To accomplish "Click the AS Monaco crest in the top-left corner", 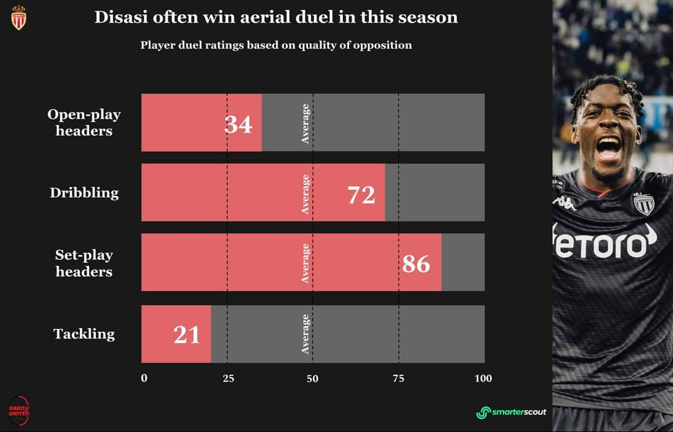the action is click(19, 18).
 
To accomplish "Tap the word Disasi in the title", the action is click(121, 17).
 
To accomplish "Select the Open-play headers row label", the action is click(84, 123).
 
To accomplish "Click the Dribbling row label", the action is click(84, 193).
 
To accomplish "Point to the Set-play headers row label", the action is click(84, 263).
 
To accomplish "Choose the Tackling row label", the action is click(84, 334).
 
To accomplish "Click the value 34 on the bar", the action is click(238, 124).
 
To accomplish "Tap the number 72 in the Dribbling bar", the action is click(361, 195).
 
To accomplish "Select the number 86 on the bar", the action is click(416, 263).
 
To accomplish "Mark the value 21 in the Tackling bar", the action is click(187, 335).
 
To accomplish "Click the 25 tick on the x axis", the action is click(228, 378).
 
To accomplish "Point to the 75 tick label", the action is click(399, 378).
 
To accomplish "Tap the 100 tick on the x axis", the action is click(484, 378).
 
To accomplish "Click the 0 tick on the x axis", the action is click(144, 378).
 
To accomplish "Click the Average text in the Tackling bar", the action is click(305, 334).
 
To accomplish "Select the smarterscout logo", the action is click(511, 412).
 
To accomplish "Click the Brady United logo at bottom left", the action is click(19, 411).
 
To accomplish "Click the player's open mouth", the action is click(609, 148).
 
